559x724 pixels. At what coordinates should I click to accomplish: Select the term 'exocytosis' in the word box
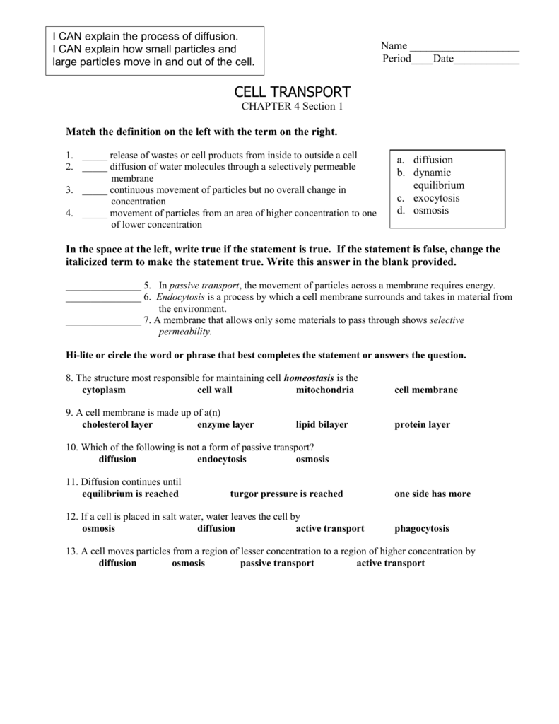(436, 198)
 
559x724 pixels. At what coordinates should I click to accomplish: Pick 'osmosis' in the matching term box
(431, 211)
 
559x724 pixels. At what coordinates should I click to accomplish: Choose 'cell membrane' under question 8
(425, 390)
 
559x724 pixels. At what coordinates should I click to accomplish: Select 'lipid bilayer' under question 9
(322, 425)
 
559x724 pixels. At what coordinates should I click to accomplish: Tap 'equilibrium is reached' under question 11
(130, 494)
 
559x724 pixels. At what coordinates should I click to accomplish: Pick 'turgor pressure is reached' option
(286, 494)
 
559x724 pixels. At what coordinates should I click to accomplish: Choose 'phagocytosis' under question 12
(421, 528)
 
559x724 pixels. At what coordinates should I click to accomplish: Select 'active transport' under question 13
(390, 564)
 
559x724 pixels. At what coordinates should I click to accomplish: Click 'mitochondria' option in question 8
(324, 390)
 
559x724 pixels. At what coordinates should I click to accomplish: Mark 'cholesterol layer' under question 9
(117, 425)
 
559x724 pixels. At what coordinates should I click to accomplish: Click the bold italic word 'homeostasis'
(309, 378)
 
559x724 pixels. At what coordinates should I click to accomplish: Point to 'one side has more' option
(432, 494)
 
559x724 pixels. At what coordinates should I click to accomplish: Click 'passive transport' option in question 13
(277, 564)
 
